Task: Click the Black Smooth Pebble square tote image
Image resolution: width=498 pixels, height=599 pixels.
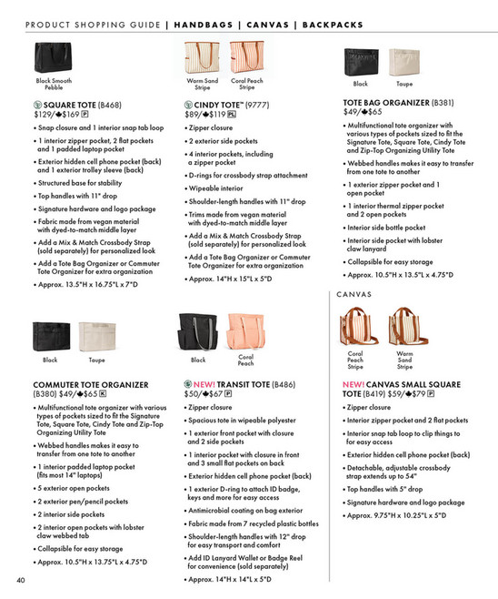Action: pyautogui.click(x=55, y=56)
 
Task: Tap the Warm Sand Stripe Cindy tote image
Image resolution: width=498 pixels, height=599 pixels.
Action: pyautogui.click(x=203, y=56)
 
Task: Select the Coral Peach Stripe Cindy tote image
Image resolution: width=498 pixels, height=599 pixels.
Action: pyautogui.click(x=246, y=56)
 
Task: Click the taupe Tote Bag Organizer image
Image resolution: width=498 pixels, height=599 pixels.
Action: pyautogui.click(x=402, y=61)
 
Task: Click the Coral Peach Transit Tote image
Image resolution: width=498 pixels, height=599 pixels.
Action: pyautogui.click(x=245, y=330)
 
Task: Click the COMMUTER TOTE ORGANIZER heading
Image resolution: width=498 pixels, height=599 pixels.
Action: pyautogui.click(x=81, y=384)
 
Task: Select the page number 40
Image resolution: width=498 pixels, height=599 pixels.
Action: pyautogui.click(x=19, y=580)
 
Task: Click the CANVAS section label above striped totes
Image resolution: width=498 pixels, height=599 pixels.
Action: pyautogui.click(x=354, y=295)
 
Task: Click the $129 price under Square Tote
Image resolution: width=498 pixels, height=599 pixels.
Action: pyautogui.click(x=44, y=116)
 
